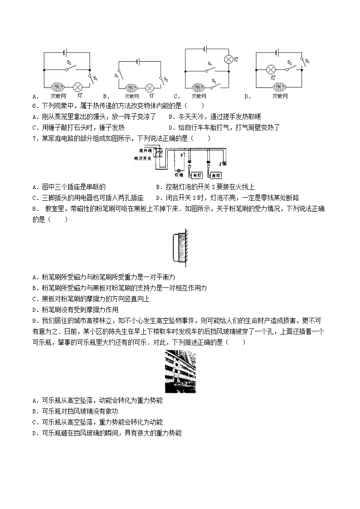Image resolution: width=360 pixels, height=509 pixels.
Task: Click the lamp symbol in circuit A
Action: tap(78, 87)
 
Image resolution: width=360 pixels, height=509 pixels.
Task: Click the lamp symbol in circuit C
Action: tap(229, 59)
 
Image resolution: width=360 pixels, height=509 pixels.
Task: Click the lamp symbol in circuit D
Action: tap(271, 70)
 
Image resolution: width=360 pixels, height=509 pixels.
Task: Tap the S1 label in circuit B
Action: tap(117, 76)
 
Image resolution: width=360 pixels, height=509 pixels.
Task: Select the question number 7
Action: tap(34, 138)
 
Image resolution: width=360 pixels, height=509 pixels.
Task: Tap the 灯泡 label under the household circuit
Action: tap(178, 174)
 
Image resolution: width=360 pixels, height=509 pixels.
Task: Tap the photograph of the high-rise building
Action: tap(180, 372)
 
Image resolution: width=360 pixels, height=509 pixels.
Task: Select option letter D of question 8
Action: tap(35, 310)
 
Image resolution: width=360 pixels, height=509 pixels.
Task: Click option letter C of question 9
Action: tap(35, 422)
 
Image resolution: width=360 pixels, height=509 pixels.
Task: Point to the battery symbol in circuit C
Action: tap(207, 49)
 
